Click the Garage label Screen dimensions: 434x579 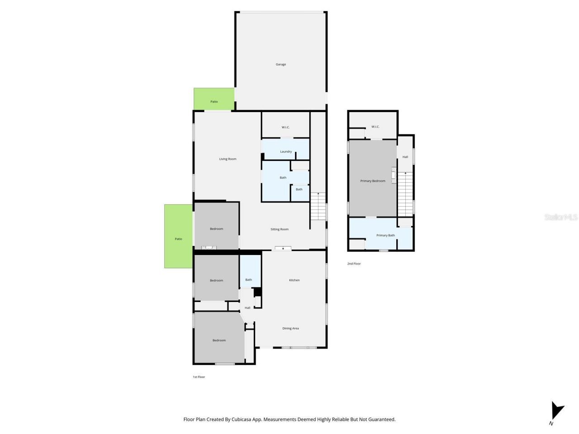[x=281, y=65]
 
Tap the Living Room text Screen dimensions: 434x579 [x=228, y=159]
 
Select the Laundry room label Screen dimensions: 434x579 [x=286, y=152]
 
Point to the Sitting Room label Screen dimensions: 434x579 [x=280, y=230]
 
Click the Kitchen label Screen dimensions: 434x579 [x=294, y=280]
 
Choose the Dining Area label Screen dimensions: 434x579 [x=290, y=329]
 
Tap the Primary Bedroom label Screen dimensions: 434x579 [x=373, y=181]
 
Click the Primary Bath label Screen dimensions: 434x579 [x=385, y=236]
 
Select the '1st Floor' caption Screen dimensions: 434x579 [x=199, y=377]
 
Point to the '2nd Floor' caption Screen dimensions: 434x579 [x=354, y=264]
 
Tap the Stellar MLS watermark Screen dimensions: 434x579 [x=561, y=217]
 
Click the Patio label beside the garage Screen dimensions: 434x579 [x=214, y=102]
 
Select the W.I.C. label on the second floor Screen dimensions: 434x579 [x=375, y=127]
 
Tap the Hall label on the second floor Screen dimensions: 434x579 [x=405, y=157]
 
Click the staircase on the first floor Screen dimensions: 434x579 [x=318, y=206]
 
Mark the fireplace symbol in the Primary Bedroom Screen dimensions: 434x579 [x=394, y=175]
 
